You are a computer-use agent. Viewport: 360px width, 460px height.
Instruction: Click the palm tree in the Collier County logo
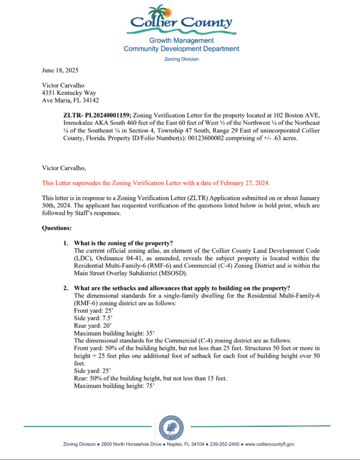(x=159, y=12)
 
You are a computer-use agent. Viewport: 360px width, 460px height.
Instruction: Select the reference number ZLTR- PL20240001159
(x=97, y=115)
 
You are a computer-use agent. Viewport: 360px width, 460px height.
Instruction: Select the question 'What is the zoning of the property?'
(x=124, y=243)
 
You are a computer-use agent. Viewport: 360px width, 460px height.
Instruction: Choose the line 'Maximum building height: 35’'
(x=114, y=333)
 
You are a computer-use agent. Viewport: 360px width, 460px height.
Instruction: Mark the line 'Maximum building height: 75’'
(x=114, y=385)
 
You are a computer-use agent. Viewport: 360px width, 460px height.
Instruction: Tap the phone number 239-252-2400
(x=226, y=444)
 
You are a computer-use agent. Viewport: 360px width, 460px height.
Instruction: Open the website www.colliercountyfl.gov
(x=269, y=444)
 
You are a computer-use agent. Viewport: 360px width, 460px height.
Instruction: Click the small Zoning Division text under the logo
(x=181, y=59)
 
